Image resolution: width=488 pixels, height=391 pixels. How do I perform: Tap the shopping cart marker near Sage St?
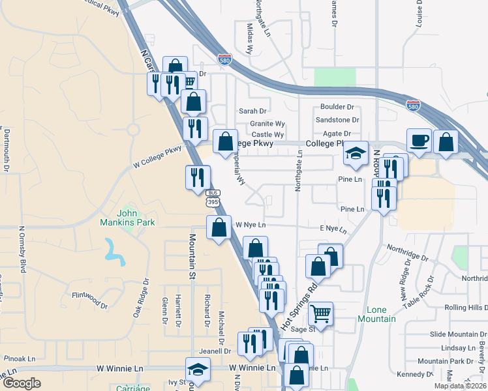320,314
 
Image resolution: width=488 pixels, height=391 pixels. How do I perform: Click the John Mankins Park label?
136,218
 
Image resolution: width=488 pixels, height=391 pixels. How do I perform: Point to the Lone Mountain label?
376,314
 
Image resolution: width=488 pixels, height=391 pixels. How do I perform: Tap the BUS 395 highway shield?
213,197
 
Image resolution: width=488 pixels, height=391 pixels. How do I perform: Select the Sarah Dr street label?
253,111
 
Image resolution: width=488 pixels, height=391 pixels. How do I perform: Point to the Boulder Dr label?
337,107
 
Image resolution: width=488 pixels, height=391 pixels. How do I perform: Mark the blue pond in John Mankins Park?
115,252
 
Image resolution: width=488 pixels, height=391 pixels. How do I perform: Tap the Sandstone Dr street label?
337,120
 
